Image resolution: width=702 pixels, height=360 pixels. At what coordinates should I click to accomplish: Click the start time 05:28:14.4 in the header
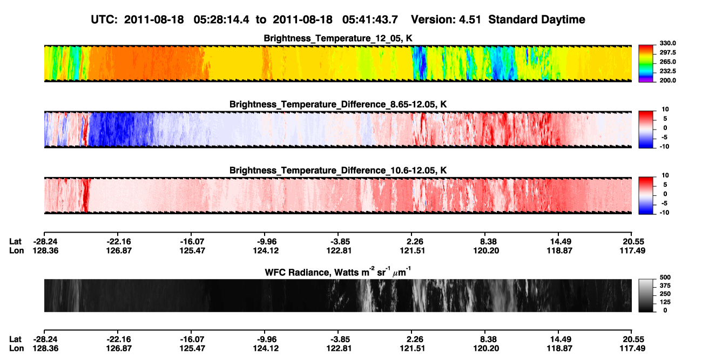click(221, 20)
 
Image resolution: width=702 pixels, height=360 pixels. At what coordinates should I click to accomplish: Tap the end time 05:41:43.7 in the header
click(370, 20)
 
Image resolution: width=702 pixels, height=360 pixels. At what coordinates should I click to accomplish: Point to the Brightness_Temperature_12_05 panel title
click(338, 38)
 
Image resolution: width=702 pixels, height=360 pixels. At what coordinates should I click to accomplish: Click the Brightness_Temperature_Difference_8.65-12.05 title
click(338, 104)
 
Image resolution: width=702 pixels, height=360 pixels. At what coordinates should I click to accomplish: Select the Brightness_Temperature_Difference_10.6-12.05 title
click(338, 171)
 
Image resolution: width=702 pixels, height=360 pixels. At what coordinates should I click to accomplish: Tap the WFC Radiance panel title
click(338, 272)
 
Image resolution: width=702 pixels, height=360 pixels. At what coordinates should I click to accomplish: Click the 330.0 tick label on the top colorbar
click(667, 43)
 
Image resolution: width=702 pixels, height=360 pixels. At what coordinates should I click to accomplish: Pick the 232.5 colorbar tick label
click(667, 71)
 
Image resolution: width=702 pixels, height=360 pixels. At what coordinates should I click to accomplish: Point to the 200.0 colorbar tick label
click(667, 80)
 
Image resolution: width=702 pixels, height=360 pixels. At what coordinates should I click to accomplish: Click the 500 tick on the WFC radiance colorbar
click(665, 277)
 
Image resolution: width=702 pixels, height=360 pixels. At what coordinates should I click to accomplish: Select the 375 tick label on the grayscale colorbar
click(665, 286)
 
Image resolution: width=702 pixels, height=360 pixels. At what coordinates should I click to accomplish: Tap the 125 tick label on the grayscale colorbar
click(665, 302)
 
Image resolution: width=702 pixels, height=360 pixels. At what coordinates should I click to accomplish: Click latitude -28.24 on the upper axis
click(45, 242)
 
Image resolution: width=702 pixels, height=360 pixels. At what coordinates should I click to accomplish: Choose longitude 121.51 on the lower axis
click(412, 349)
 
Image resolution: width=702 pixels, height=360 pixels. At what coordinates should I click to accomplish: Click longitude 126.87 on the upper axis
click(118, 250)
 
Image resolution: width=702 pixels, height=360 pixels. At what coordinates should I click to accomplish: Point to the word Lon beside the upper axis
click(17, 250)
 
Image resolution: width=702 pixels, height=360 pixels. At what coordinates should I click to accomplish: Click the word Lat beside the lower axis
click(15, 339)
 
